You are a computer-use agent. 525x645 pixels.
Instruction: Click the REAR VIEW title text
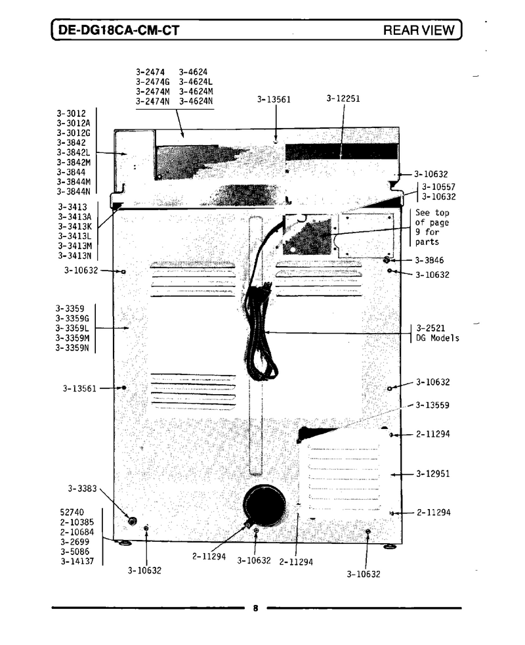pos(419,30)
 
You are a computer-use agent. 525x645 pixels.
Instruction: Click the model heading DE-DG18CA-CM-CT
pos(119,30)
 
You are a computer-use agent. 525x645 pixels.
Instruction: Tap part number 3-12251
pos(343,99)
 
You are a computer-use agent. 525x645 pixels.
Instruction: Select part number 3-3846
pos(429,260)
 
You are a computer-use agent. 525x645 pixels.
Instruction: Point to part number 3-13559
pos(432,405)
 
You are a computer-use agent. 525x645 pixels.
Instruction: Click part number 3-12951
pos(432,474)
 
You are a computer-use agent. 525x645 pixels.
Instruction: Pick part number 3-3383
pos(82,489)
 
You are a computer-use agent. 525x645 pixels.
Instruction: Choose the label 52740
pos(72,512)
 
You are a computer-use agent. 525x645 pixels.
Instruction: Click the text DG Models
pos(438,338)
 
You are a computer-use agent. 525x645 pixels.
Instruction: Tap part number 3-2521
pos(430,328)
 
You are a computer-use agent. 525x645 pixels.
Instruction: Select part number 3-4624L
pos(196,82)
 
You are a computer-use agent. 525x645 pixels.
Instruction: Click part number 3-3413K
pos(74,227)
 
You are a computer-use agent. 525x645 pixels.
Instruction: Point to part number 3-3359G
pos(72,319)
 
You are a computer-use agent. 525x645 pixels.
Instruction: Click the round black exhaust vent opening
pos(264,506)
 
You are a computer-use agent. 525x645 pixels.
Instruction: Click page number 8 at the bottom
pos(256,608)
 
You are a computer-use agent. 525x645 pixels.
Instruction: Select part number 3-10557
pos(438,187)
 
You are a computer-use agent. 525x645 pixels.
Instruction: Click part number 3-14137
pos(77,561)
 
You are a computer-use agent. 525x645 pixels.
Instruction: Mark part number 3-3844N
pos(73,192)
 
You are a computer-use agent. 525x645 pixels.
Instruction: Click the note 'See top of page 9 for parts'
pos(432,227)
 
